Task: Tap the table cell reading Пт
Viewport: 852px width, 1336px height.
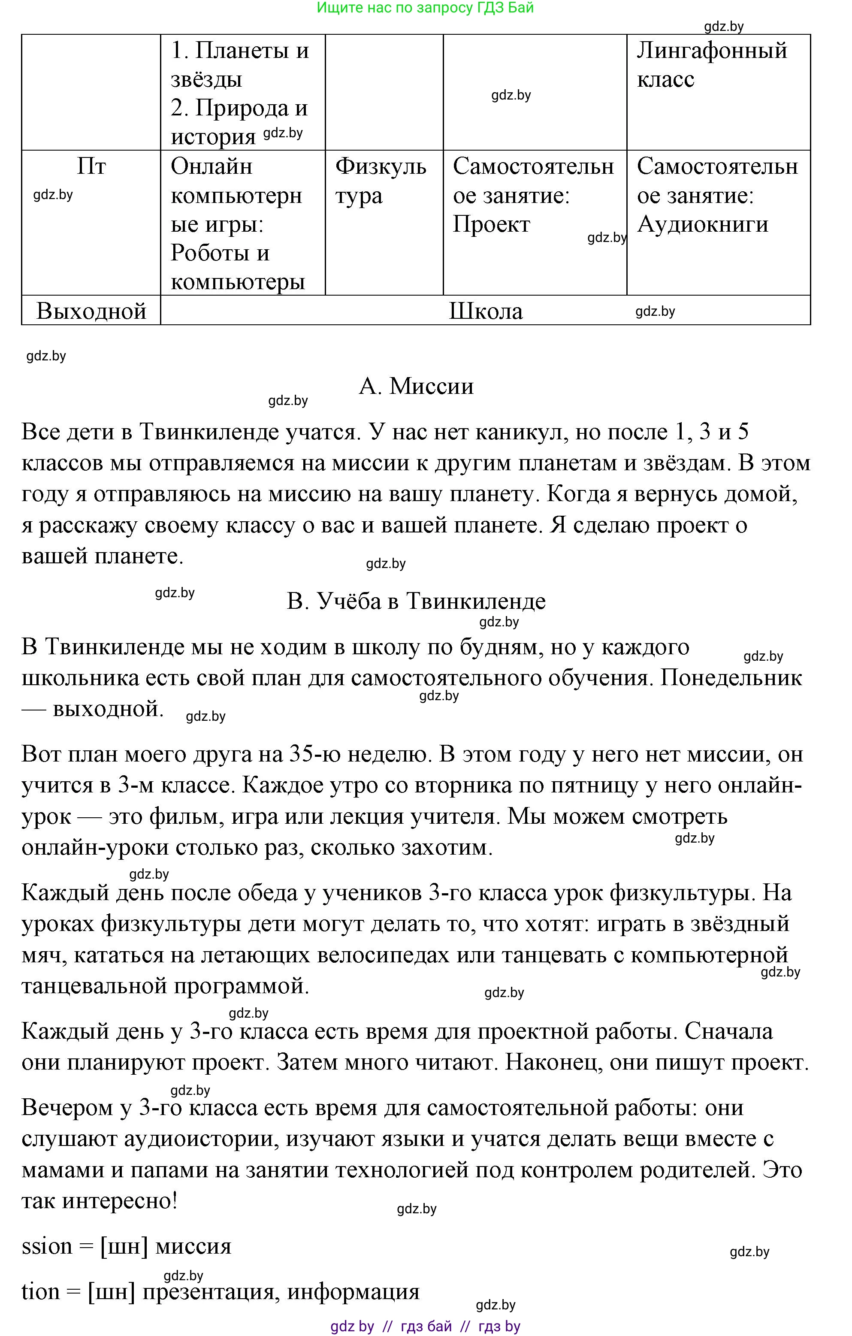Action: [91, 166]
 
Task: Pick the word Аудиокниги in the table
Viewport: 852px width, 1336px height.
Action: [702, 224]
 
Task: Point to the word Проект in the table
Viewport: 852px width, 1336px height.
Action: [492, 224]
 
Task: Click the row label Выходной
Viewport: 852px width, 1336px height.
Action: [91, 311]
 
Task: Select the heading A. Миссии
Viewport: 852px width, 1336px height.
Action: [416, 386]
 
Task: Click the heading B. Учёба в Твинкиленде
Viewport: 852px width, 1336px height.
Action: [416, 601]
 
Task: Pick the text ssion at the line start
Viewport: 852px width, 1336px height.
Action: [47, 1247]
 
